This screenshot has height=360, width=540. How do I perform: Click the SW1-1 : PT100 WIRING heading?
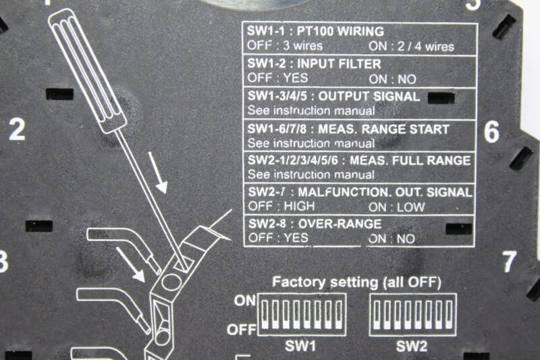[x=315, y=32]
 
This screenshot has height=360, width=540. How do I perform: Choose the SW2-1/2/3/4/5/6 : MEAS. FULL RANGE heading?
[x=359, y=161]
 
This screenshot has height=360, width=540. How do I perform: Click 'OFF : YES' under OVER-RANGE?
[x=278, y=238]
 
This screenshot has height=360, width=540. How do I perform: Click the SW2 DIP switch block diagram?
[x=412, y=315]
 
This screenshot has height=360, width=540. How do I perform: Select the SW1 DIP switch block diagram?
[x=301, y=315]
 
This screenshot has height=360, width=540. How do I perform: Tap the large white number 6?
[x=491, y=132]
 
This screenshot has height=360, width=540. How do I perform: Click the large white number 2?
[x=17, y=128]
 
